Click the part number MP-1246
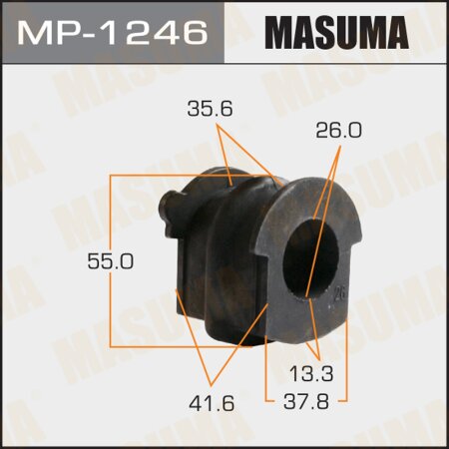tap(110, 30)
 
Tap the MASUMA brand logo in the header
tap(335, 30)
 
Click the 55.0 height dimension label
tap(81, 262)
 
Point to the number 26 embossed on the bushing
tap(338, 296)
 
